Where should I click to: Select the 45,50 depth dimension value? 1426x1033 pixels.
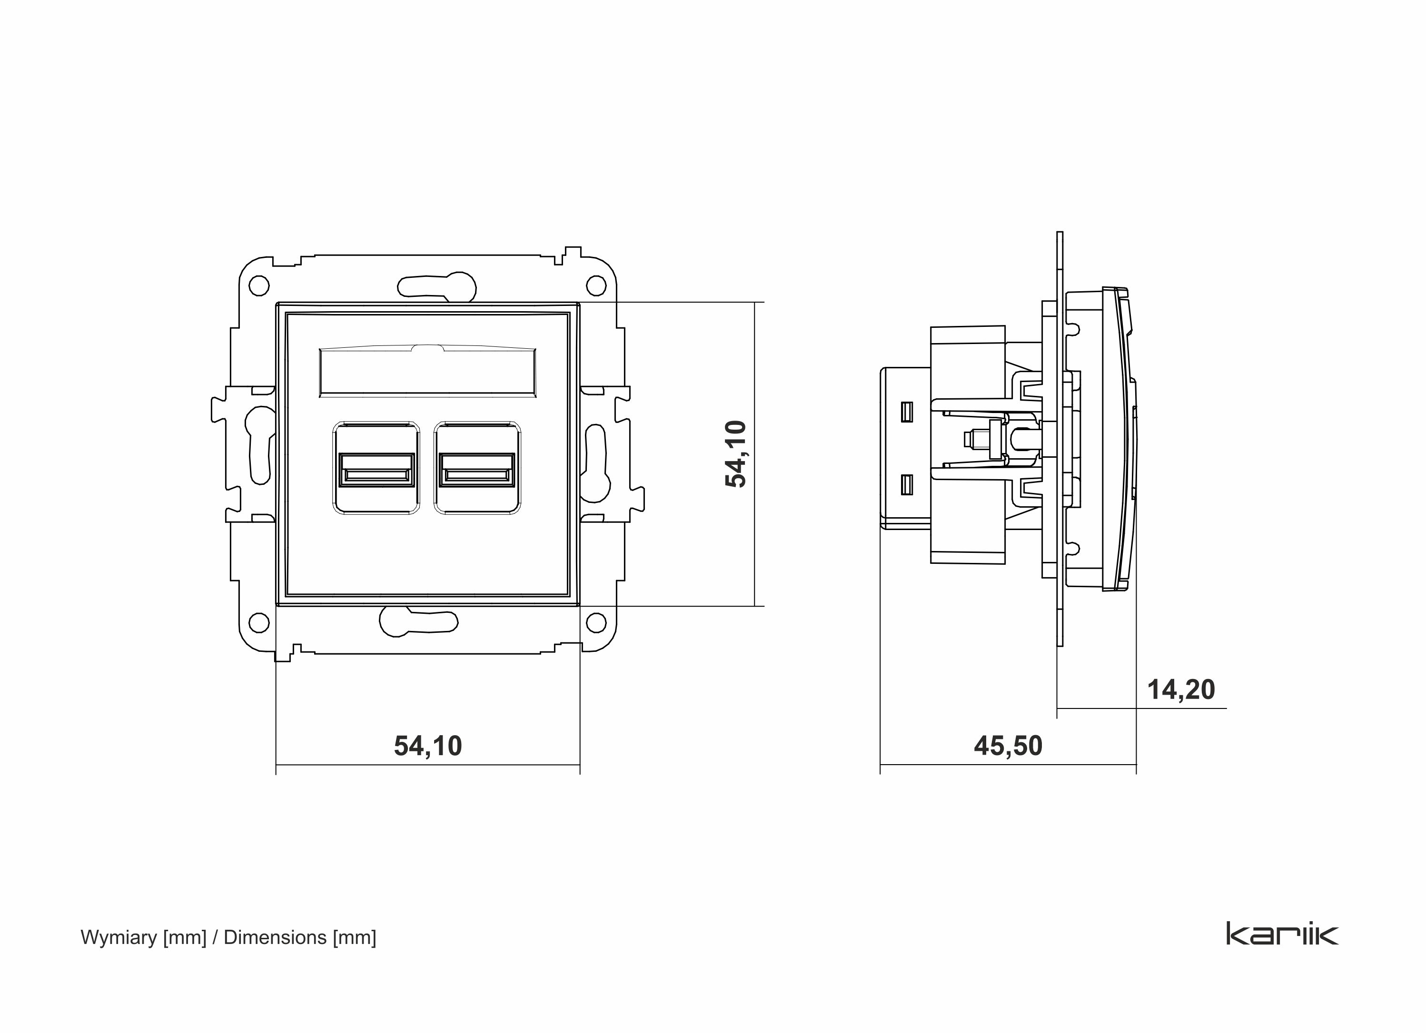[x=1008, y=746]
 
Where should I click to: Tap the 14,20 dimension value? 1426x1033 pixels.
[x=1181, y=690]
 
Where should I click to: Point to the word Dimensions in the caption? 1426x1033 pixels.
[x=275, y=937]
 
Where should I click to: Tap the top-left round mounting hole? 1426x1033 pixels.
[x=258, y=286]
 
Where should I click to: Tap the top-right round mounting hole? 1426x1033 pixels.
[x=595, y=286]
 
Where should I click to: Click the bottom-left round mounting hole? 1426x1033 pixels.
[x=258, y=622]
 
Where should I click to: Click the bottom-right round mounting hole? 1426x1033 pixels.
[x=595, y=622]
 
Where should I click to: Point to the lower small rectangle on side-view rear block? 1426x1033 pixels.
[x=906, y=484]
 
